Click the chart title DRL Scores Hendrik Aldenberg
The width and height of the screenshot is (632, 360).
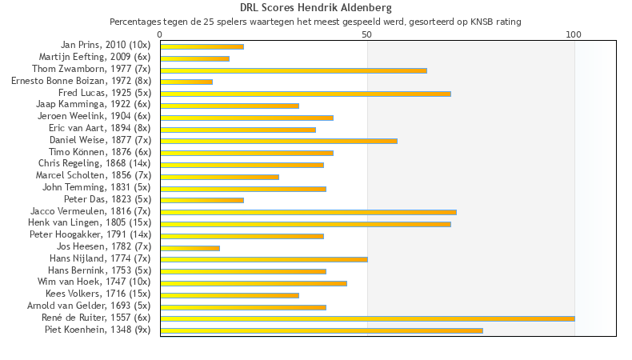pos(316,8)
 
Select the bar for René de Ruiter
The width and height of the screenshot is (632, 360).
pos(367,318)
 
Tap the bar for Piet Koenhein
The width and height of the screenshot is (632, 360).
pos(322,330)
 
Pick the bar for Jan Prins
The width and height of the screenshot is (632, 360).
pos(202,46)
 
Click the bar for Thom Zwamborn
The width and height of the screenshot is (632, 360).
pos(294,70)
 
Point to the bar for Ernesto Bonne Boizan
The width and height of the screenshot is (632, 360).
pos(186,82)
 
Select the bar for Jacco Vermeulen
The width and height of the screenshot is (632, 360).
pos(308,212)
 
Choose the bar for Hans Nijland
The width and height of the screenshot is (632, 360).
pos(264,259)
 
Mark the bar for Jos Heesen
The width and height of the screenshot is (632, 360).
pos(190,247)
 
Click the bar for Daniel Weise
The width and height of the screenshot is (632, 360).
pos(278,141)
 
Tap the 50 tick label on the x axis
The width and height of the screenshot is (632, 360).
pos(367,34)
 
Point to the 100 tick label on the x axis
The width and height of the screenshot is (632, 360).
pos(574,34)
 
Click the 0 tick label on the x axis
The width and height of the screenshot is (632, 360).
pos(160,34)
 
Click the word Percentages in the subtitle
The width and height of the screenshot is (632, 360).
pos(134,22)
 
